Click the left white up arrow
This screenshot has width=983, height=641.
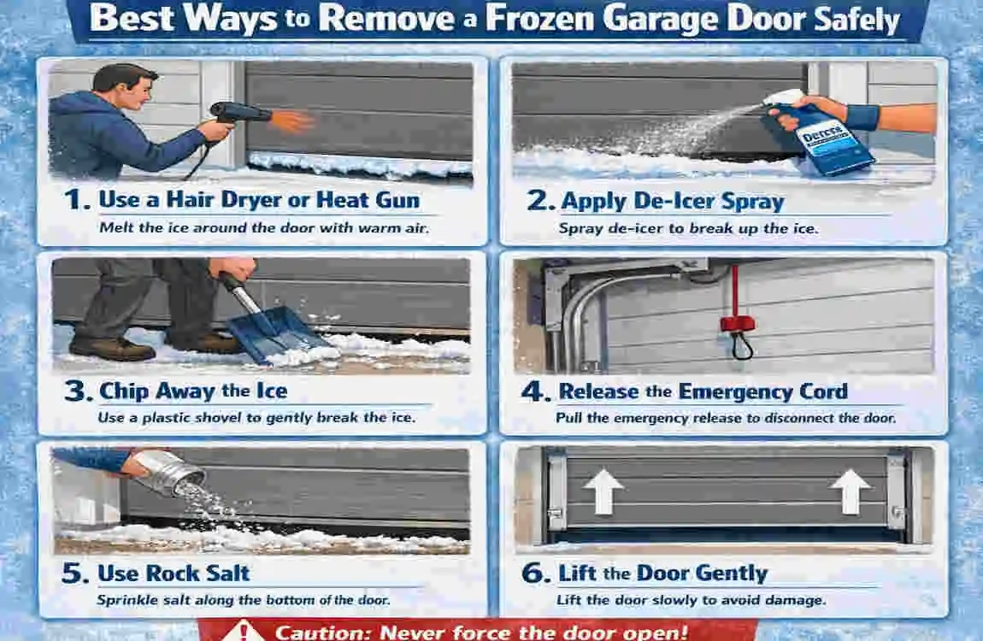[x=603, y=491]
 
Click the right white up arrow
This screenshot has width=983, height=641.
[x=850, y=491]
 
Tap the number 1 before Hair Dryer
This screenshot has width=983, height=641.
[x=75, y=201]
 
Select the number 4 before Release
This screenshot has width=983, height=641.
[x=535, y=391]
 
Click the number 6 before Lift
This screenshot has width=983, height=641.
[x=535, y=573]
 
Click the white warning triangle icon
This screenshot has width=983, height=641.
[x=242, y=631]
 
